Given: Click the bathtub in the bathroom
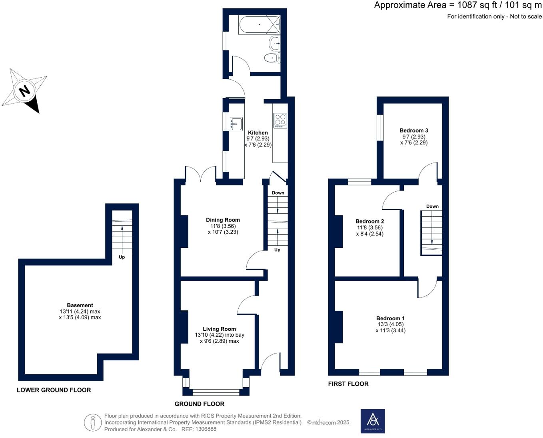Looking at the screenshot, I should [259, 25].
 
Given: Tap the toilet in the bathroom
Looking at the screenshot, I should [271, 58].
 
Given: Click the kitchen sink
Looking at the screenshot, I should [236, 124].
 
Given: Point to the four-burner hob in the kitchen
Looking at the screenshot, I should [280, 121].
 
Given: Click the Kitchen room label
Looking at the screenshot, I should [258, 133].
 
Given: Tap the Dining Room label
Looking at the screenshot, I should [223, 220].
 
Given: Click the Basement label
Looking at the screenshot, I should [80, 305].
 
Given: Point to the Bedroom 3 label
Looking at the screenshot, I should [414, 131].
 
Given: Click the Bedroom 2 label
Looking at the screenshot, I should [369, 221].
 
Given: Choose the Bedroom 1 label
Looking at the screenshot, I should [390, 318].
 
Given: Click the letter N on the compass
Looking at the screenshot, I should [25, 91].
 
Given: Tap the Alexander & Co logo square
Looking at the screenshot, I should [373, 421].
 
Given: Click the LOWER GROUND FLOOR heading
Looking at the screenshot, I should [54, 390].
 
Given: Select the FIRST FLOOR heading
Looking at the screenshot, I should [348, 384].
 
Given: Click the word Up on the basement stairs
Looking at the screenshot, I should [122, 257].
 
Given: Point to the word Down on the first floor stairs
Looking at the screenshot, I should [432, 207].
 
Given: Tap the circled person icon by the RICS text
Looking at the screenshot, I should [93, 422].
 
